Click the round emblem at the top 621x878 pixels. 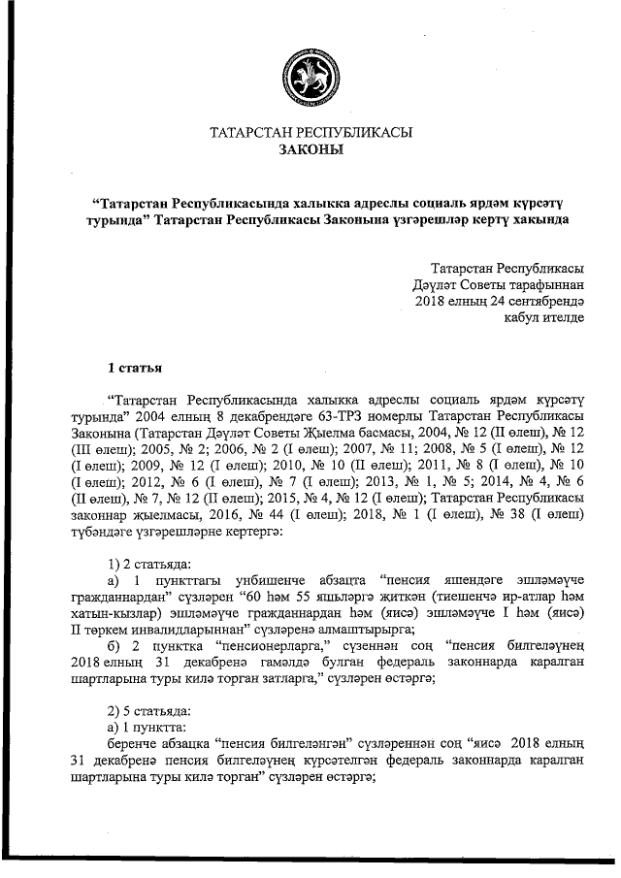(310, 75)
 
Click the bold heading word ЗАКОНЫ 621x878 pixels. (310, 151)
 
